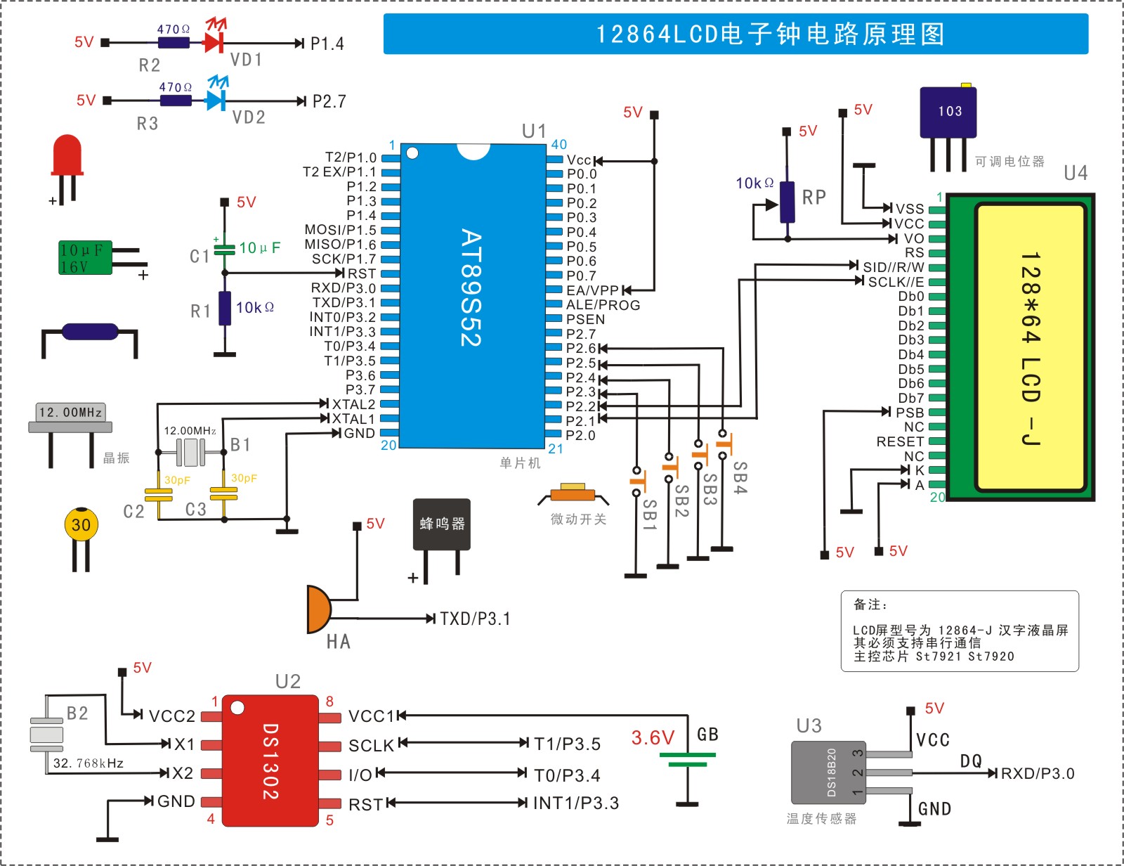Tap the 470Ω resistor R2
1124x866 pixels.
point(174,43)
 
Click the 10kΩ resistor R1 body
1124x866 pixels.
point(225,309)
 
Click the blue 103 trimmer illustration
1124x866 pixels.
point(948,127)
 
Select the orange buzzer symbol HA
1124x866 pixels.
point(319,609)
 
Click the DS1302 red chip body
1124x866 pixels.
point(270,761)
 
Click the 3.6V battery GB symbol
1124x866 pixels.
point(688,759)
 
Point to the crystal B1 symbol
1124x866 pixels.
point(191,452)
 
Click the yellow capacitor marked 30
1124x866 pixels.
point(81,538)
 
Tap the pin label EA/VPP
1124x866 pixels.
point(592,290)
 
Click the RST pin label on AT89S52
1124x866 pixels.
point(362,273)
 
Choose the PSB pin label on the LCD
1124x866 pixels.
point(910,413)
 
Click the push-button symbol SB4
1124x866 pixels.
point(723,444)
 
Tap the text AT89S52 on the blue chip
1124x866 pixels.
point(471,287)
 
